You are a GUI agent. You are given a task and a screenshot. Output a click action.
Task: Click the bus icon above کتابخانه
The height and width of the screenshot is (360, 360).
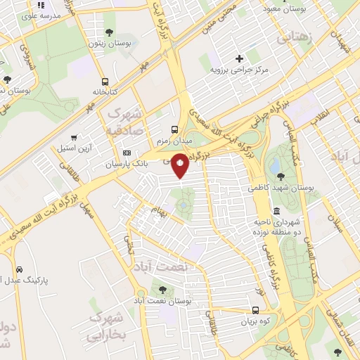(105, 82)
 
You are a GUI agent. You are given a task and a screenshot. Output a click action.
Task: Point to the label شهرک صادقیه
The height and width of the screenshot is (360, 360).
(125, 122)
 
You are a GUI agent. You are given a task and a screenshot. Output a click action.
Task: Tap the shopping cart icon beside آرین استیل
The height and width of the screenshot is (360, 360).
(74, 138)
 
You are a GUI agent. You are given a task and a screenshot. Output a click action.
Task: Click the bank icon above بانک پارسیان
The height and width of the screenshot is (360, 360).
(127, 153)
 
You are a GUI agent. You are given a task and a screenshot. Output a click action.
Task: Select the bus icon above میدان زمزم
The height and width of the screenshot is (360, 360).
(175, 129)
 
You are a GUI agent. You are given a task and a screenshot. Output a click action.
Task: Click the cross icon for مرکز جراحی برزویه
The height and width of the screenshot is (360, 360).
(239, 59)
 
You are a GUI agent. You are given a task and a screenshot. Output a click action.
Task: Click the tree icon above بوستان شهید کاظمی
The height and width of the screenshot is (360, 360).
(281, 176)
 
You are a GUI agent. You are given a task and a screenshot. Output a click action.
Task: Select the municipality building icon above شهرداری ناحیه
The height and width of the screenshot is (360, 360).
(276, 211)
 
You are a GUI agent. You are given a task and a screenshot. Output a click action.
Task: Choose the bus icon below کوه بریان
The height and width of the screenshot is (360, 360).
(255, 309)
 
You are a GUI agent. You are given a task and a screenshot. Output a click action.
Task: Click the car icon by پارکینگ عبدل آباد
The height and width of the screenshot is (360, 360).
(19, 269)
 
